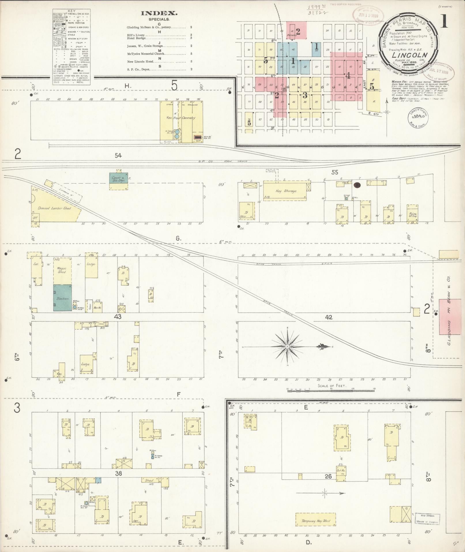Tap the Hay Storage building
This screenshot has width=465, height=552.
(x=286, y=191)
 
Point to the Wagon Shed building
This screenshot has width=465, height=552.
(x=62, y=270)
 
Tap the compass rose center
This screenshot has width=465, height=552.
(x=287, y=346)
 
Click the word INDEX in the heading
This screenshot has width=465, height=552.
(x=159, y=13)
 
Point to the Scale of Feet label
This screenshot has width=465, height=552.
(x=332, y=386)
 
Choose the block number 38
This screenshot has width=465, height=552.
(x=118, y=473)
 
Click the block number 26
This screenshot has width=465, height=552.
(x=328, y=476)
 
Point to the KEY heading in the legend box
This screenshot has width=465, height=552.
(x=71, y=11)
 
